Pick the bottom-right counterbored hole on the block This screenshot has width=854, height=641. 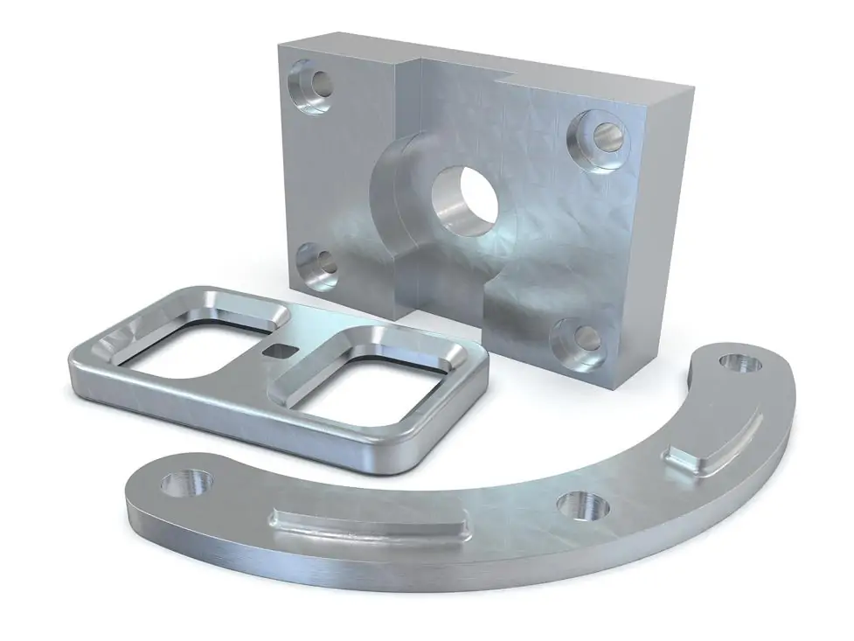click(580, 339)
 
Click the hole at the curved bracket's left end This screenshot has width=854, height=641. click(190, 483)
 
